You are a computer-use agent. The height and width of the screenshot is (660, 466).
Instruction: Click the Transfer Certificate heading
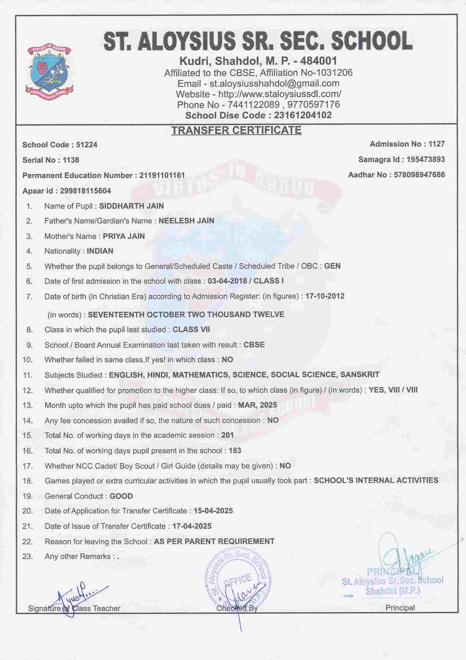pos(236,131)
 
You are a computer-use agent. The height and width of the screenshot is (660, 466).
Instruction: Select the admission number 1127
pos(437,144)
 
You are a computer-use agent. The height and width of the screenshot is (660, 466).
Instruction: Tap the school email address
pos(274,83)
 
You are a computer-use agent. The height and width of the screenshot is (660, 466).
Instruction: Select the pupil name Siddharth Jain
pos(131,206)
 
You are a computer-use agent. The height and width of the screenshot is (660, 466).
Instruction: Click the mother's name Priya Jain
pos(124,236)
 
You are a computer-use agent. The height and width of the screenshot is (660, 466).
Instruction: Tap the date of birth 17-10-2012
pos(325,296)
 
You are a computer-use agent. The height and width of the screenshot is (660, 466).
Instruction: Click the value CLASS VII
pos(191,329)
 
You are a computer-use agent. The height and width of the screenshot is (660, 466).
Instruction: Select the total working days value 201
pos(227,435)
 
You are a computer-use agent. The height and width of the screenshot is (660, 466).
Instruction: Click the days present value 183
pos(235,450)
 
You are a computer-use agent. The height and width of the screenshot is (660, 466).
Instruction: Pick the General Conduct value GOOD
pos(121,496)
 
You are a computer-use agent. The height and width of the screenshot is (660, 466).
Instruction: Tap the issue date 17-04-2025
pos(192,526)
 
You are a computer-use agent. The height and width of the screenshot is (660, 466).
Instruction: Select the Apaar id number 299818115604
pos(86,191)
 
